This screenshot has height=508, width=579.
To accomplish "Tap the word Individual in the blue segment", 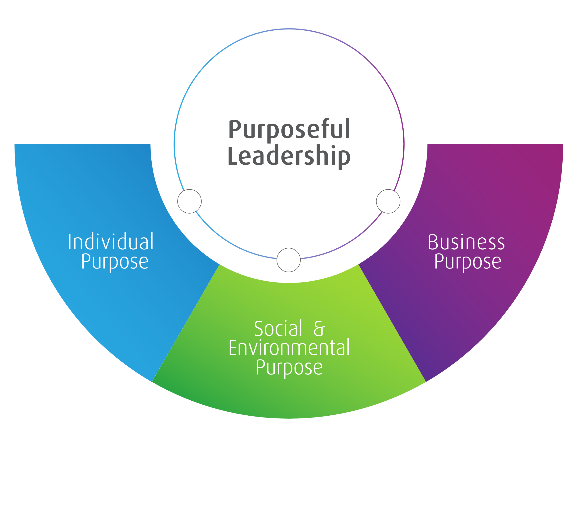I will [111, 242].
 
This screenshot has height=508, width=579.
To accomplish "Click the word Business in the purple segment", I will [466, 242].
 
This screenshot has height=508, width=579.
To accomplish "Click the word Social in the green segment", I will [278, 329].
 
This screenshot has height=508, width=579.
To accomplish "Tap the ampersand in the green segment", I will [319, 329].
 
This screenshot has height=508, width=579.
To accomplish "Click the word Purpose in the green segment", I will [289, 368].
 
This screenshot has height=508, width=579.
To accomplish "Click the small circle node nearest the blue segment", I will [189, 201].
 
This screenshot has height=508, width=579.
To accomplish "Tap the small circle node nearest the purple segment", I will [388, 201].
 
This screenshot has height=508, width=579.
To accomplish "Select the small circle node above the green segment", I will [288, 260].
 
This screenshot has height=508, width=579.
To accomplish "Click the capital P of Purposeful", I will [235, 130].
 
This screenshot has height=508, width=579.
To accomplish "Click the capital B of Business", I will [433, 242].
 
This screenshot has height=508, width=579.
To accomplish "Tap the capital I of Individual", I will [69, 242].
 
